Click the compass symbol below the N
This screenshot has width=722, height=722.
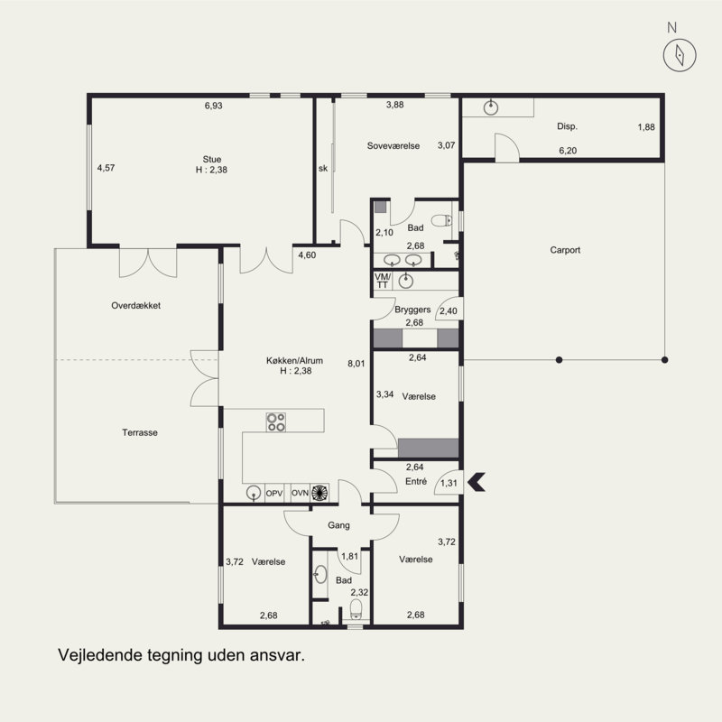pyautogui.click(x=680, y=55)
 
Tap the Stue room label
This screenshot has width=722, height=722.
pyautogui.click(x=212, y=160)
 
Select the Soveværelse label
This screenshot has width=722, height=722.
pyautogui.click(x=393, y=146)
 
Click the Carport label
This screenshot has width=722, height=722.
pyautogui.click(x=565, y=250)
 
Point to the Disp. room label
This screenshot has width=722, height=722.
pyautogui.click(x=567, y=126)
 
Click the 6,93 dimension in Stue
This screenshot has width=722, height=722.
pyautogui.click(x=214, y=106)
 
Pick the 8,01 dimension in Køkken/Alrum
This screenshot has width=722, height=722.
pyautogui.click(x=356, y=364)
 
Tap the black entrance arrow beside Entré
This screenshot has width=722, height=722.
pyautogui.click(x=477, y=482)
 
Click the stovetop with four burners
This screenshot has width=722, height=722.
pyautogui.click(x=276, y=422)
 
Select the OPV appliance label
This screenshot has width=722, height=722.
pyautogui.click(x=274, y=493)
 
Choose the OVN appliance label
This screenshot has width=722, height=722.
pyautogui.click(x=301, y=493)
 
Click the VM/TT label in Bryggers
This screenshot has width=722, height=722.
pyautogui.click(x=382, y=281)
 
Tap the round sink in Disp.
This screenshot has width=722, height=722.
pyautogui.click(x=491, y=108)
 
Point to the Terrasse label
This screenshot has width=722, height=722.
pyautogui.click(x=140, y=432)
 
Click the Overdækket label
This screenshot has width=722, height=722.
pyautogui.click(x=136, y=305)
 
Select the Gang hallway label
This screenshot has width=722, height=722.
pyautogui.click(x=339, y=525)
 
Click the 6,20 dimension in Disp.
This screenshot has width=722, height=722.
pyautogui.click(x=568, y=151)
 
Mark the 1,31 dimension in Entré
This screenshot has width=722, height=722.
pyautogui.click(x=449, y=483)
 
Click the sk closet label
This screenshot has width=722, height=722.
pyautogui.click(x=323, y=169)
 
